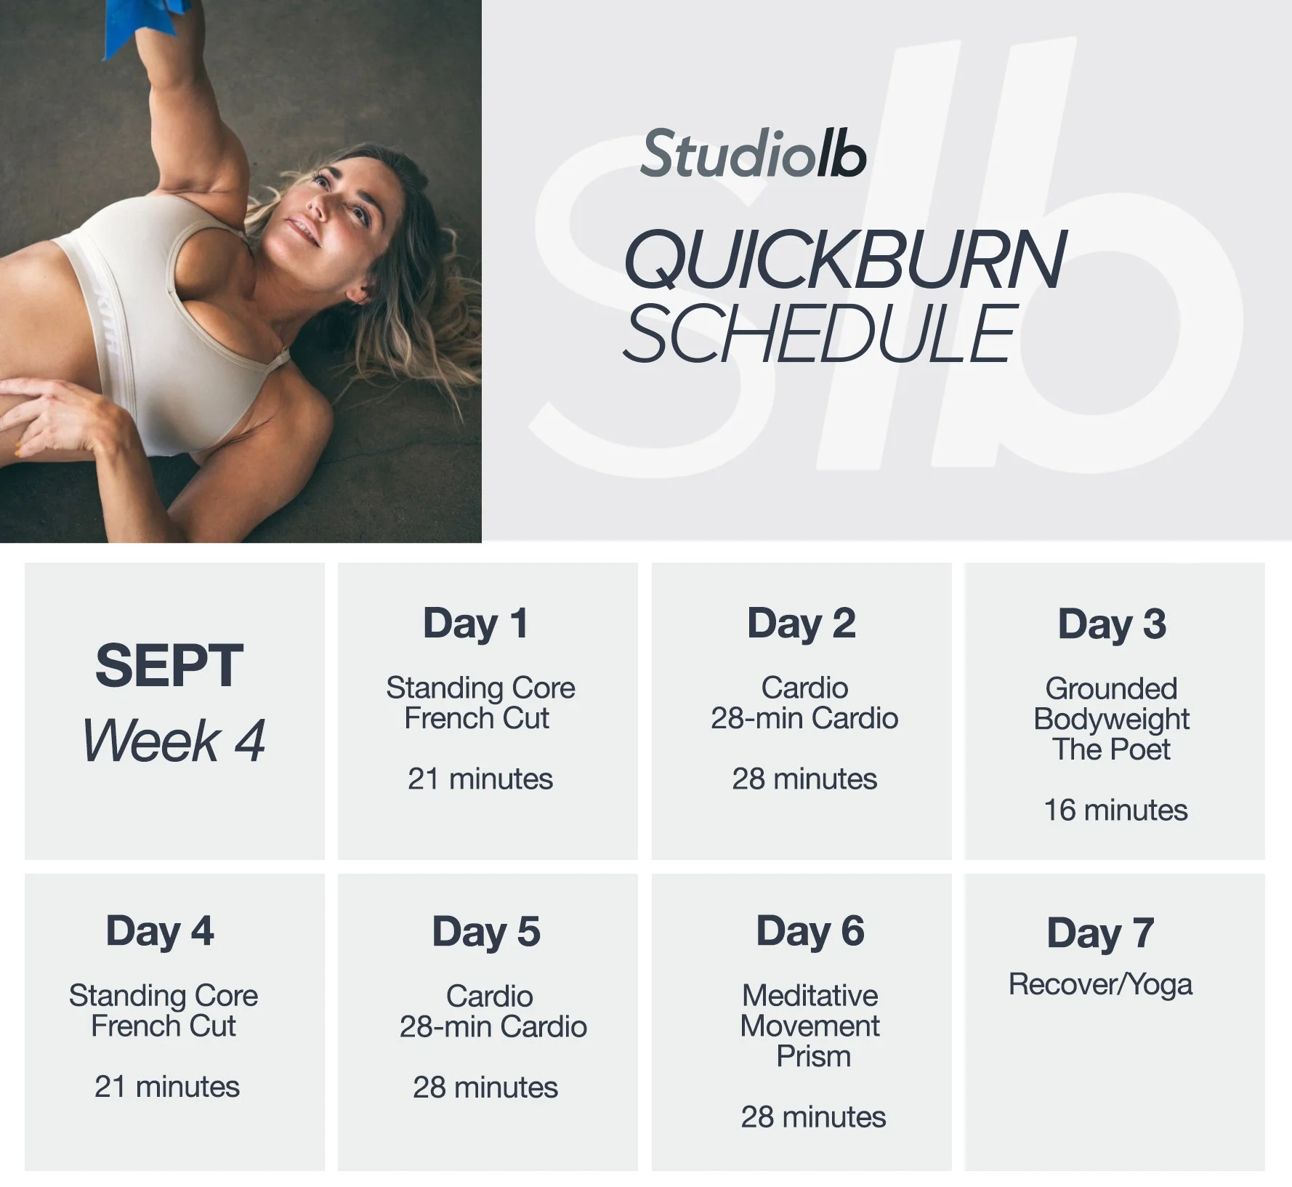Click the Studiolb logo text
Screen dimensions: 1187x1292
(x=753, y=154)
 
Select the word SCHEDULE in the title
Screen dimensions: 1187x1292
(x=820, y=334)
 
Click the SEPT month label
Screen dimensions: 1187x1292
(x=169, y=666)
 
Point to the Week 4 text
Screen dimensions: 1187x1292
(x=174, y=741)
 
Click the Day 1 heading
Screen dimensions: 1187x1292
(x=476, y=624)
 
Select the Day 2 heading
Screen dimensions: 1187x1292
(x=802, y=624)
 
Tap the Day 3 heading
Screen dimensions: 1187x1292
(x=1112, y=624)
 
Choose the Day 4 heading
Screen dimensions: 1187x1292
(x=160, y=931)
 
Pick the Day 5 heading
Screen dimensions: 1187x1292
(x=486, y=932)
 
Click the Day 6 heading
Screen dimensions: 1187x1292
(x=810, y=931)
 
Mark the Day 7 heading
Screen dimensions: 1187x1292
(x=1100, y=933)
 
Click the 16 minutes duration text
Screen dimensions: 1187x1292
(x=1115, y=810)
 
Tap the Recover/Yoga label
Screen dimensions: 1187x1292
(x=1100, y=984)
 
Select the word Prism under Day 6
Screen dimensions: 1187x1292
(x=813, y=1056)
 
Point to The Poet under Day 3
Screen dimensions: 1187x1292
(x=1111, y=749)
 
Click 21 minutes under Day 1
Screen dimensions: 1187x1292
(x=480, y=779)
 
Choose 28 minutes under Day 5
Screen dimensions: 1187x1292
(x=485, y=1087)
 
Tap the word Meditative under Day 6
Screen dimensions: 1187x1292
(x=809, y=995)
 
